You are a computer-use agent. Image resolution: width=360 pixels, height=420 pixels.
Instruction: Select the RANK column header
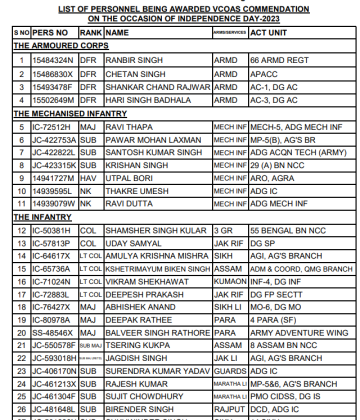(90, 33)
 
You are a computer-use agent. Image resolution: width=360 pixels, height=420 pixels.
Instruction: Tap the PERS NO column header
(49, 33)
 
